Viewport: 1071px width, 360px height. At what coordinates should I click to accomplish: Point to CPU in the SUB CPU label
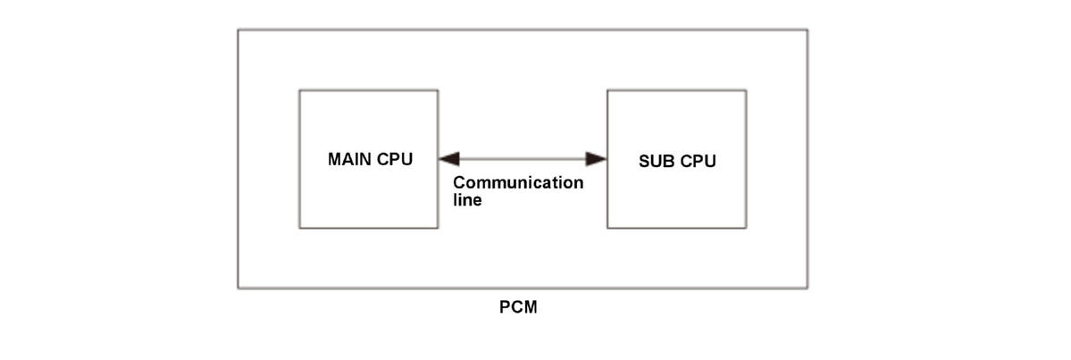[x=698, y=162]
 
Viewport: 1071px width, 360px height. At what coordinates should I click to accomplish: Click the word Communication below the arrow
[x=518, y=183]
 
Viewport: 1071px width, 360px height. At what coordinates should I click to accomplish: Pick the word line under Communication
[x=467, y=200]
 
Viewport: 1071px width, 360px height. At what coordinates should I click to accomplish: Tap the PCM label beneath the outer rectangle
[x=518, y=308]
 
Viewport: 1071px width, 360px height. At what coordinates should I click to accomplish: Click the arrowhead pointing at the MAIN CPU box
[x=448, y=159]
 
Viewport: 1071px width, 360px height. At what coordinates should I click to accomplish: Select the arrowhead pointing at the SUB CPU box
[x=596, y=159]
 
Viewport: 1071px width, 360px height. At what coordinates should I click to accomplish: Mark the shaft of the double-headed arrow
[x=523, y=159]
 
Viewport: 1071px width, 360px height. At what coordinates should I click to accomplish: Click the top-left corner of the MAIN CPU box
[x=299, y=90]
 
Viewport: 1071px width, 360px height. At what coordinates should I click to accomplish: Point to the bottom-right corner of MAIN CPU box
[x=438, y=228]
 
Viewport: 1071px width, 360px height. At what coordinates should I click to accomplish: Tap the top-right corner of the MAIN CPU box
[x=438, y=90]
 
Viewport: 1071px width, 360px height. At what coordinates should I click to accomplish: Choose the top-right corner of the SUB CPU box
[x=746, y=90]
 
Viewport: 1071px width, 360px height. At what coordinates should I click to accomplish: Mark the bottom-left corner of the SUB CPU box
[x=607, y=228]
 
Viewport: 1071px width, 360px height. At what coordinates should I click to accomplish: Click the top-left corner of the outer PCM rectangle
[x=238, y=29]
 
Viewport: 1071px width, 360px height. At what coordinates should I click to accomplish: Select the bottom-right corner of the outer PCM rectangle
[x=807, y=288]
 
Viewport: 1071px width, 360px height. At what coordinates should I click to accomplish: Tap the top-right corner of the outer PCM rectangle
[x=807, y=29]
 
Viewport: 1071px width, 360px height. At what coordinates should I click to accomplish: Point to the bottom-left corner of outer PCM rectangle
[x=238, y=288]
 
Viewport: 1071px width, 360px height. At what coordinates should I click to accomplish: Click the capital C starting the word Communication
[x=459, y=183]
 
